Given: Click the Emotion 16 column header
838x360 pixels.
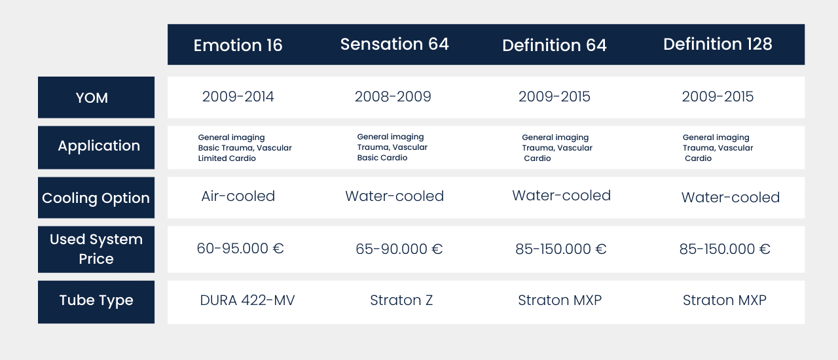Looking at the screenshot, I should tap(238, 45).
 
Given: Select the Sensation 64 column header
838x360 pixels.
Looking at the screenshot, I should tap(395, 44).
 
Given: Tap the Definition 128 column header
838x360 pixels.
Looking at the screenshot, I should tap(718, 44).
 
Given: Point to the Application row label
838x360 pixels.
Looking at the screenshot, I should tap(99, 146).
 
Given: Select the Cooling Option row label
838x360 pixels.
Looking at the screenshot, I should tap(96, 198).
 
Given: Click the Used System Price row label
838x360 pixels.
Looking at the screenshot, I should tap(96, 249).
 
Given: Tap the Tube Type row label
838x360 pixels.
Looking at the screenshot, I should tap(96, 300).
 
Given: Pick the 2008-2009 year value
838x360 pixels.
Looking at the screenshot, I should tap(393, 97).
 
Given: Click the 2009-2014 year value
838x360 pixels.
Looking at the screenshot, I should tap(238, 97).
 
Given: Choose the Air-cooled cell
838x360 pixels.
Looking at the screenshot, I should tap(238, 196).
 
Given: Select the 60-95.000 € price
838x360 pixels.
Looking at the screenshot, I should tap(240, 248).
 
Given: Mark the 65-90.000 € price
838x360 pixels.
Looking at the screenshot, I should tap(399, 249).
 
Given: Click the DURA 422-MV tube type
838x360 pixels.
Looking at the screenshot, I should tap(247, 300).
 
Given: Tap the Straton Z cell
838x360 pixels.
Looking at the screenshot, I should tap(401, 300).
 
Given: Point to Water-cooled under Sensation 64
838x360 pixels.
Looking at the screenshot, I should tap(395, 196).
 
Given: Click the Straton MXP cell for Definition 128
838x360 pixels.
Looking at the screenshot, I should tap(725, 300).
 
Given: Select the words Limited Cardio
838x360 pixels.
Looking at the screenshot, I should tap(227, 158).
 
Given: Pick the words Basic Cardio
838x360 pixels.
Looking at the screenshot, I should tap(382, 158).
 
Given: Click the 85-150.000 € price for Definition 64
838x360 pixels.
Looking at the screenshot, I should tap(561, 249).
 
